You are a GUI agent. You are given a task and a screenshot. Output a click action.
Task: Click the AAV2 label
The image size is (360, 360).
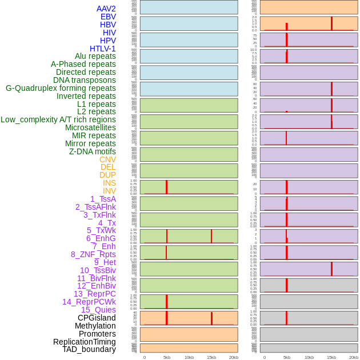click(106, 9)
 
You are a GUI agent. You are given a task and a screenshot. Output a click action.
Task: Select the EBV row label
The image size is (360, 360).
click(108, 17)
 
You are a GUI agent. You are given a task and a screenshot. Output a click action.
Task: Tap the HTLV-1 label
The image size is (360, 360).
click(102, 49)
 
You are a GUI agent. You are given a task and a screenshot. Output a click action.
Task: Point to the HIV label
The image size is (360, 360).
click(109, 33)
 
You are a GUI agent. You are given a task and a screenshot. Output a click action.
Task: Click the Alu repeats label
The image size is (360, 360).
click(95, 56)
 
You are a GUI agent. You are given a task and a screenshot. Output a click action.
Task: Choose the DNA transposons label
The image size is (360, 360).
click(85, 80)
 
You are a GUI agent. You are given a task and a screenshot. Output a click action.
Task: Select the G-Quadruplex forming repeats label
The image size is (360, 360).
click(61, 88)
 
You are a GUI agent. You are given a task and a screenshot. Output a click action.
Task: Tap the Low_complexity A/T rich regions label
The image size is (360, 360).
click(58, 119)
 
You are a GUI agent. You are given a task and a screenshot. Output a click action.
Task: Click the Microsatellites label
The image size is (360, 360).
click(90, 127)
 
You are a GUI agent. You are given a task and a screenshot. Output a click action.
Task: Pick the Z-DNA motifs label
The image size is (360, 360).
click(93, 151)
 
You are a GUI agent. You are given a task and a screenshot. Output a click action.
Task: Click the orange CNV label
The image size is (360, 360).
click(107, 159)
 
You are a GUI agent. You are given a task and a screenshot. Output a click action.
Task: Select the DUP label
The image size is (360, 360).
click(107, 175)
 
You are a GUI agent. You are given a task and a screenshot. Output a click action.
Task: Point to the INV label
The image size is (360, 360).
click(109, 191)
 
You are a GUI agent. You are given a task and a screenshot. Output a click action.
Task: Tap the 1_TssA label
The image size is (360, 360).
click(103, 199)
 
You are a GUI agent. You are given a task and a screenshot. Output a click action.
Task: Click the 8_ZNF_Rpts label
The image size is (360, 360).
click(93, 254)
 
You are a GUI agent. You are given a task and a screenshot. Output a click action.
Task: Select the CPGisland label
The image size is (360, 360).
click(97, 318)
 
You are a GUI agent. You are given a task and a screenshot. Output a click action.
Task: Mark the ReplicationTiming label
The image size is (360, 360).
click(85, 342)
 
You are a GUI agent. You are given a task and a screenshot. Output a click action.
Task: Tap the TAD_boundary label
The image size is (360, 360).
click(89, 349)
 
